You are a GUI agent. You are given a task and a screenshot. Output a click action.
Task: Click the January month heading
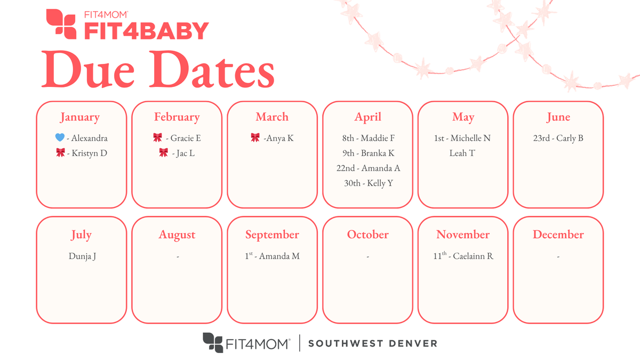point(79,117)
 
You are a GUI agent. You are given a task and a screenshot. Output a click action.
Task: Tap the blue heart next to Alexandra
point(60,138)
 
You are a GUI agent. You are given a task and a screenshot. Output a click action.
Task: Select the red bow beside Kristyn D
point(60,153)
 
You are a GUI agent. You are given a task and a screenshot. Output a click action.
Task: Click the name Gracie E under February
point(186,138)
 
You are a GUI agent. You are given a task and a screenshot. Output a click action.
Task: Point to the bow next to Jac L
point(163,153)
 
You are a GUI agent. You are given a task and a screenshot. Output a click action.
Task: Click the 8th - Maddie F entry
point(368,138)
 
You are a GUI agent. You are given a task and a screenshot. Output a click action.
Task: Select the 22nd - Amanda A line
point(368,168)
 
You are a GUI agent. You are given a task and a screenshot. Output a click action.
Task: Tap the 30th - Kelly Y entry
point(368,183)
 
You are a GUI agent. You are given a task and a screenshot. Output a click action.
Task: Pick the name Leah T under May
point(462,153)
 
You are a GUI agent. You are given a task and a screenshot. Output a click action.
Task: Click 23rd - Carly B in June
point(558,138)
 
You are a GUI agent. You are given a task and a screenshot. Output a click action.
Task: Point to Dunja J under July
point(82,256)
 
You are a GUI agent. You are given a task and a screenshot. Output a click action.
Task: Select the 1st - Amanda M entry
point(272,256)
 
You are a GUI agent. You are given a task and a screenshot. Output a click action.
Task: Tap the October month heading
point(368,235)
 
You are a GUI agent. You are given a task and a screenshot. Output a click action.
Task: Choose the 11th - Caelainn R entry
point(463,256)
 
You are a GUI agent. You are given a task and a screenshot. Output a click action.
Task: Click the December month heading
point(558,235)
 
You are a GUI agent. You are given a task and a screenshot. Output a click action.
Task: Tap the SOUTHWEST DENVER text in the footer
point(372,343)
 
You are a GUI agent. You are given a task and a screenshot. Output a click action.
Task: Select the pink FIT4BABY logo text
point(145,30)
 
